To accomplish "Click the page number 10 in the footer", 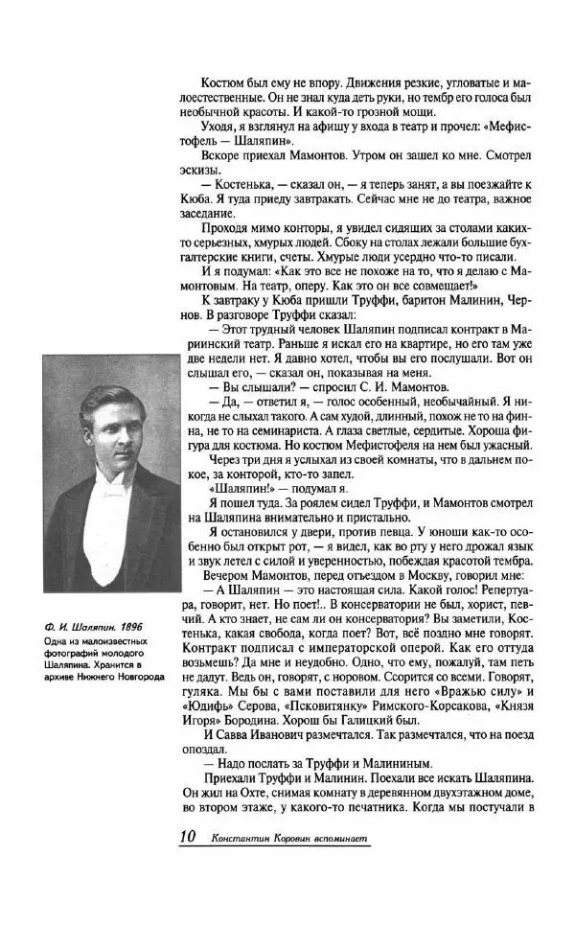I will click(x=187, y=836).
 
